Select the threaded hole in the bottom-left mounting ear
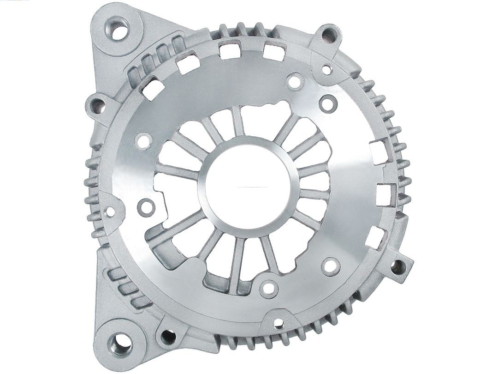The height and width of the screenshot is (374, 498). pyautogui.click(x=121, y=344)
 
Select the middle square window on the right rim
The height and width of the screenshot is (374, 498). pyautogui.click(x=385, y=194)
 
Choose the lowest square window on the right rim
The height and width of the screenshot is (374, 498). pyautogui.click(x=376, y=237)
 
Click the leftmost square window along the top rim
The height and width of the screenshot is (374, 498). pyautogui.click(x=153, y=89)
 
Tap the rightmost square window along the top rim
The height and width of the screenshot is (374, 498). pyautogui.click(x=274, y=51)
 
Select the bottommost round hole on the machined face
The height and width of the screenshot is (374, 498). pyautogui.click(x=268, y=289)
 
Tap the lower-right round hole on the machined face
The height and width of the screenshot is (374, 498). pyautogui.click(x=331, y=266)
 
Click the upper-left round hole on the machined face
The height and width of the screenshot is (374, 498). pyautogui.click(x=143, y=141)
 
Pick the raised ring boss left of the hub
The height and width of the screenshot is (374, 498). pyautogui.click(x=146, y=207)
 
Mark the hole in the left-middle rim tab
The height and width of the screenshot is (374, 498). pyautogui.click(x=110, y=211)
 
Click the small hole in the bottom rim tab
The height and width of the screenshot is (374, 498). pyautogui.click(x=279, y=322)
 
